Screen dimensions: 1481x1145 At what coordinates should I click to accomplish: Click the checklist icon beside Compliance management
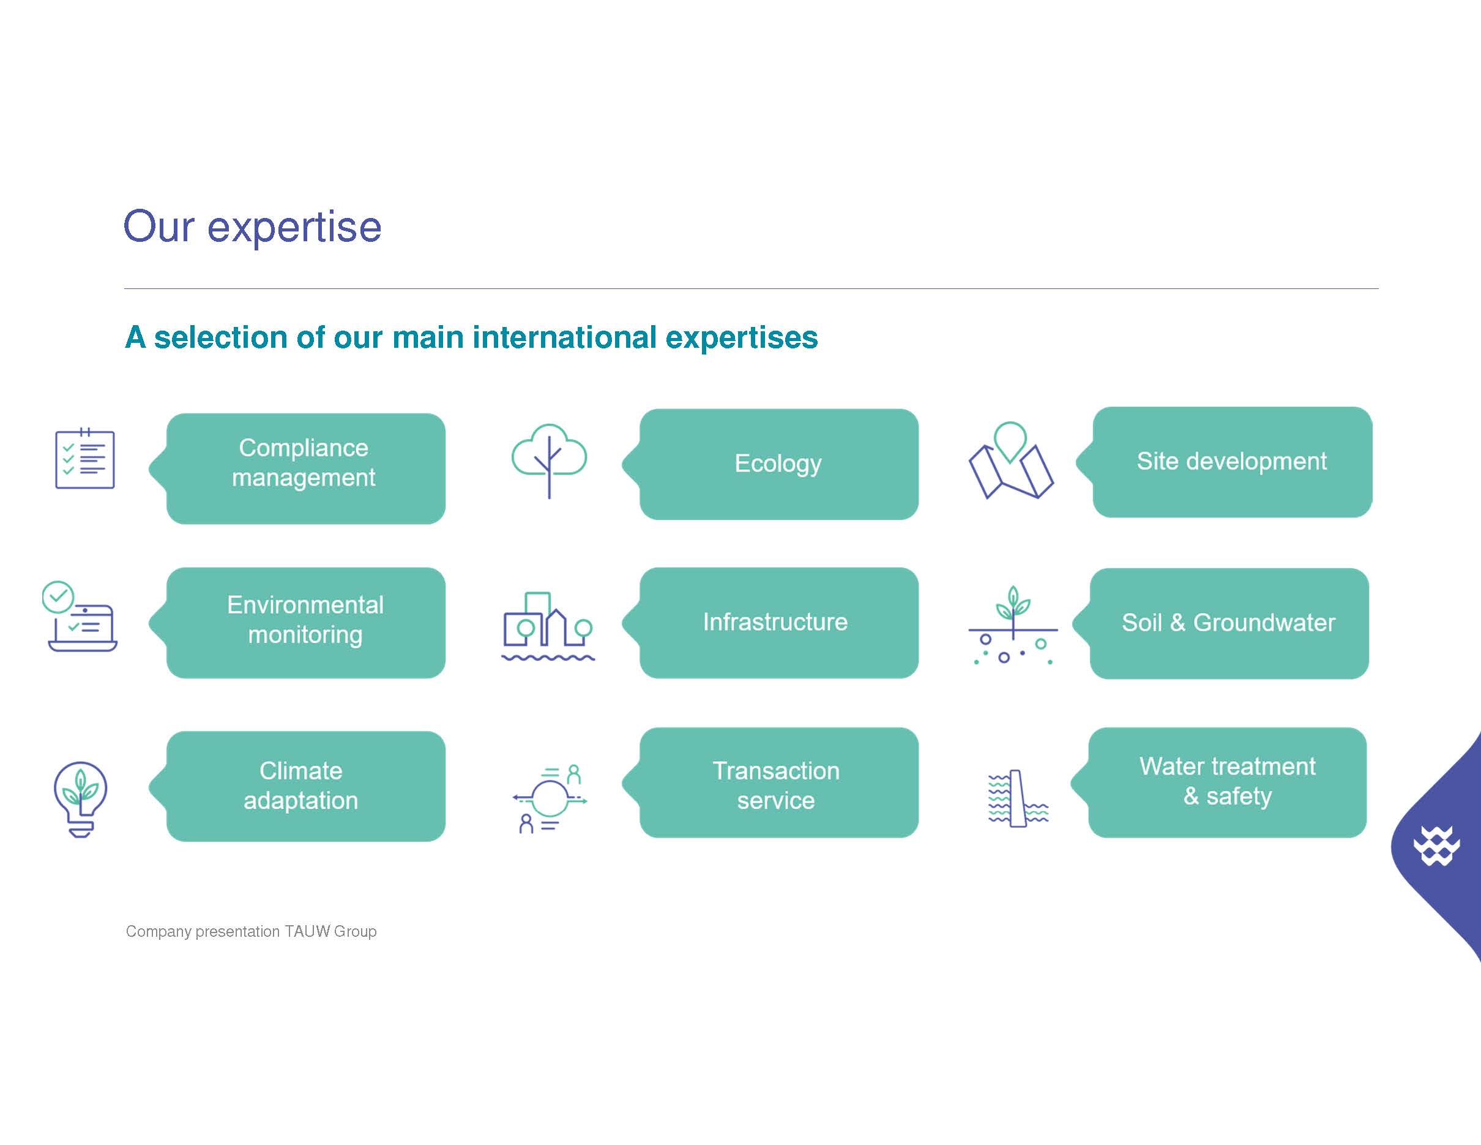click(x=85, y=458)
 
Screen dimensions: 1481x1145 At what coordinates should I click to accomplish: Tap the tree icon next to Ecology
click(x=550, y=460)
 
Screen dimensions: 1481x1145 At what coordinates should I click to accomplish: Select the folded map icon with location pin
click(x=1011, y=460)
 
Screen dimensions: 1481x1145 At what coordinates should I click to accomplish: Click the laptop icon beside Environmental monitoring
click(x=81, y=617)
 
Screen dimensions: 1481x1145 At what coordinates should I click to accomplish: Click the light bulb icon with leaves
click(x=81, y=799)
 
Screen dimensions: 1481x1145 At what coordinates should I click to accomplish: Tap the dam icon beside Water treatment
click(x=1018, y=798)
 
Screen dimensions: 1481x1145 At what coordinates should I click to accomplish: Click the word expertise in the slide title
click(x=294, y=228)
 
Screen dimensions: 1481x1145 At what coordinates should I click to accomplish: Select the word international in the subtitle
click(x=565, y=337)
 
